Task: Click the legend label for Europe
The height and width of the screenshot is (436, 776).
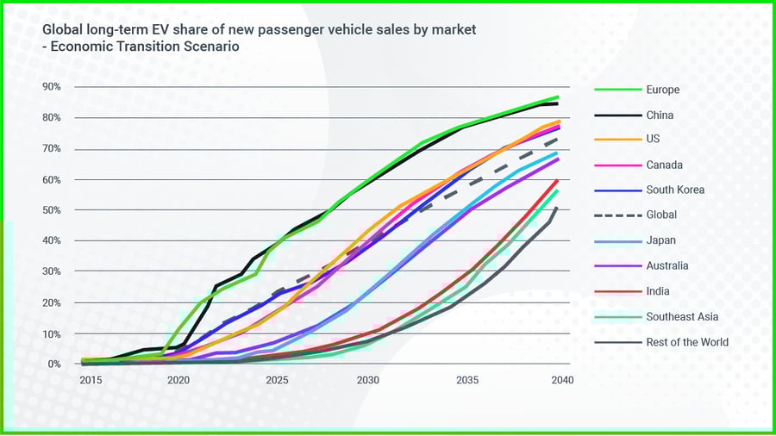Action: coord(662,90)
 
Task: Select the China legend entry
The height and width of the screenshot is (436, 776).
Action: coord(660,115)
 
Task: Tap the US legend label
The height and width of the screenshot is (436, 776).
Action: coord(654,140)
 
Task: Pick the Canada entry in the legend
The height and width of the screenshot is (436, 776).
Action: coord(663,165)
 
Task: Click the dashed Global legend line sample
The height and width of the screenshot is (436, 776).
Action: coord(616,215)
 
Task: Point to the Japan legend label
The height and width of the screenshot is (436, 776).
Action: coord(660,240)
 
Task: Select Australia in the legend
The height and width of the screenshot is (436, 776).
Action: coord(667,265)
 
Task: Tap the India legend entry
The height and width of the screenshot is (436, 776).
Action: coord(658,291)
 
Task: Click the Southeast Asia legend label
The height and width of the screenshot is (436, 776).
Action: coord(682,316)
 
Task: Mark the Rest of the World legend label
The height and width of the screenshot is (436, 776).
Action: coord(687,342)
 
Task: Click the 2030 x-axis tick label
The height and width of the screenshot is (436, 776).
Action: coord(368,380)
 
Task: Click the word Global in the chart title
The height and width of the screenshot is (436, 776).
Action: coord(63,30)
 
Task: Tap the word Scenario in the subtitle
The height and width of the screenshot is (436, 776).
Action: coord(210,47)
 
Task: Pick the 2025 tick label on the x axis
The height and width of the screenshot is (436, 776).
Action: coord(277,380)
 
